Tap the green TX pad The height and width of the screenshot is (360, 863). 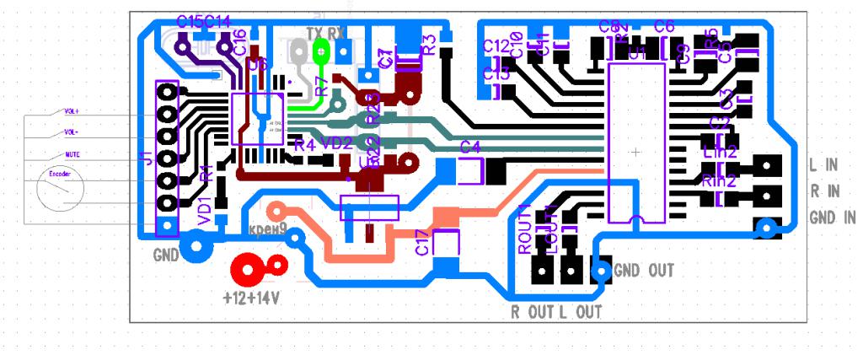pyautogui.click(x=321, y=51)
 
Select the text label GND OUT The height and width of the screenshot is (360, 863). pyautogui.click(x=643, y=271)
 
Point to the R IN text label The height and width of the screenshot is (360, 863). pyautogui.click(x=826, y=191)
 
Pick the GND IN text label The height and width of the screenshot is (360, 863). pyautogui.click(x=832, y=218)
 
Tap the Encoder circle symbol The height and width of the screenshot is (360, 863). pyautogui.click(x=60, y=192)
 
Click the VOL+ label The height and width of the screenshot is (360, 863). pyautogui.click(x=72, y=110)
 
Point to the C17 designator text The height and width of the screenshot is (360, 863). pyautogui.click(x=422, y=244)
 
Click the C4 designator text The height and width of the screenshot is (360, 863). pyautogui.click(x=470, y=148)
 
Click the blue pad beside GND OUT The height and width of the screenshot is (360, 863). pyautogui.click(x=602, y=271)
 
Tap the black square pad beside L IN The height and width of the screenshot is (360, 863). pyautogui.click(x=767, y=164)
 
